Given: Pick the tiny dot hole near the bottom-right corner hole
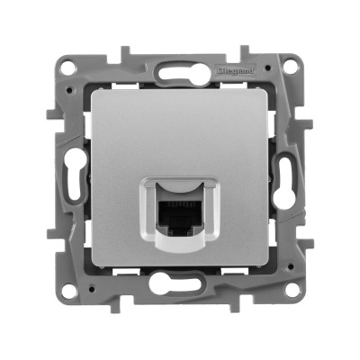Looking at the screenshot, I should click(270, 279).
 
